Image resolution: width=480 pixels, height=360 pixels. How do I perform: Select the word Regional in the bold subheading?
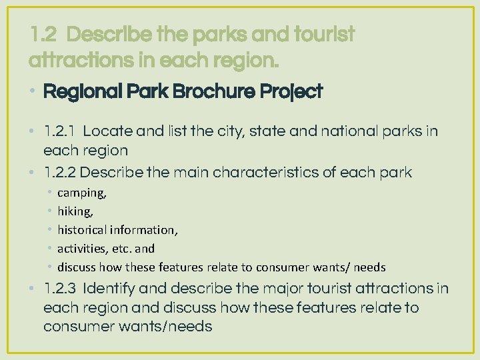(x=74, y=92)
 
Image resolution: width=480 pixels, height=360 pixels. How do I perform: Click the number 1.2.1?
(x=59, y=131)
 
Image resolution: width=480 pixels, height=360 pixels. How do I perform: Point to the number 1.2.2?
(x=59, y=173)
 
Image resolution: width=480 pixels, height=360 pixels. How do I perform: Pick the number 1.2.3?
(x=59, y=289)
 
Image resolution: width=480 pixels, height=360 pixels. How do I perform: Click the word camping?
(x=81, y=193)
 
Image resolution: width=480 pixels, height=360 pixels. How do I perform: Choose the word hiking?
(x=75, y=211)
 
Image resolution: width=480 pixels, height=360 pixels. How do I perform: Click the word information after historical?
(x=146, y=230)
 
